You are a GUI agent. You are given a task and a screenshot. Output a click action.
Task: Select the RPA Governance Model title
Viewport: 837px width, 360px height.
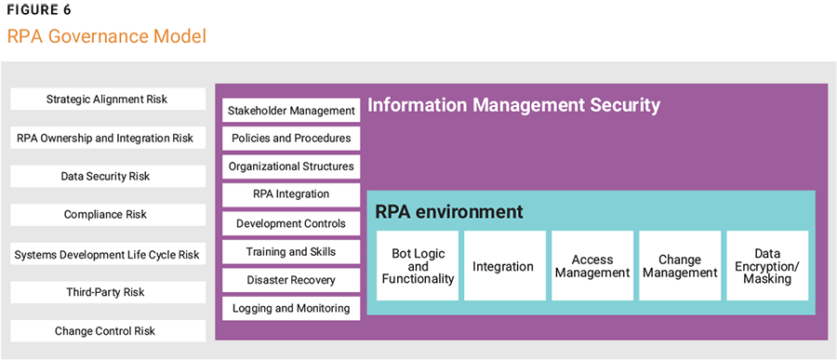coord(106,37)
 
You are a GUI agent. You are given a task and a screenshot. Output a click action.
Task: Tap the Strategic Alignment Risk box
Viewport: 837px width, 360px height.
coord(108,100)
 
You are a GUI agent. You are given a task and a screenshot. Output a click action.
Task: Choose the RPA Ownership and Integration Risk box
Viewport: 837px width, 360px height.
coord(108,138)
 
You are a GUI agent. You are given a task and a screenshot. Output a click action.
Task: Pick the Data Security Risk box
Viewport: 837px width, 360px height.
coord(108,177)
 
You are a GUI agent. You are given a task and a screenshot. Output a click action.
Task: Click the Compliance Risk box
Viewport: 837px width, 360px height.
coord(108,215)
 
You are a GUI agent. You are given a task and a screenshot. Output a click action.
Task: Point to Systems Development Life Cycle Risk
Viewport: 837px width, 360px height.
coord(108,254)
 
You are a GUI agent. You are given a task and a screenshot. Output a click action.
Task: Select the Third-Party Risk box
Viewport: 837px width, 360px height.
coord(108,292)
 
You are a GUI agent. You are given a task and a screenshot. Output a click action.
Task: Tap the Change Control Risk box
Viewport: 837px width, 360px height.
coord(108,331)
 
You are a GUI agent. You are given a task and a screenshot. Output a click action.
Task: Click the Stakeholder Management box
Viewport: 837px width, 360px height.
coord(291,111)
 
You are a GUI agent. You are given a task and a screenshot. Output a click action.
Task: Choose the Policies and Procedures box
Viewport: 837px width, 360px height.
coord(291,139)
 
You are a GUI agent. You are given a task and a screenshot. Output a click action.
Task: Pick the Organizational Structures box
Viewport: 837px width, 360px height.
coord(291,167)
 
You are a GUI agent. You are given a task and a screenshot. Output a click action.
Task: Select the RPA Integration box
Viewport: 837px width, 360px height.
coord(291,195)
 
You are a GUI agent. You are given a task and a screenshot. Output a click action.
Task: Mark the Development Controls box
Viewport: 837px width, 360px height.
coord(291,223)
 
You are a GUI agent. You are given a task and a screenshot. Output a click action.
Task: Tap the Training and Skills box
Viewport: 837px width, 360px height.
coord(291,252)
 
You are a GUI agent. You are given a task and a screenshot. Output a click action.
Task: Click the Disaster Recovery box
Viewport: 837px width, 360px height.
coord(291,280)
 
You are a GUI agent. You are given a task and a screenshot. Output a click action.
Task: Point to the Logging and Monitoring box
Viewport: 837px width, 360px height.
coord(291,309)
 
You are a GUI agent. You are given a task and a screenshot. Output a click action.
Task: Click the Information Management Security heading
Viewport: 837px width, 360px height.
coord(513,105)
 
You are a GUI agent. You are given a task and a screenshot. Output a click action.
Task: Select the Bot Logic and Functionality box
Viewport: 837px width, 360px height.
coord(418,266)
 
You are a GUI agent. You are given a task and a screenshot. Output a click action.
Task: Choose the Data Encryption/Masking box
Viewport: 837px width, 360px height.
coord(767,266)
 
